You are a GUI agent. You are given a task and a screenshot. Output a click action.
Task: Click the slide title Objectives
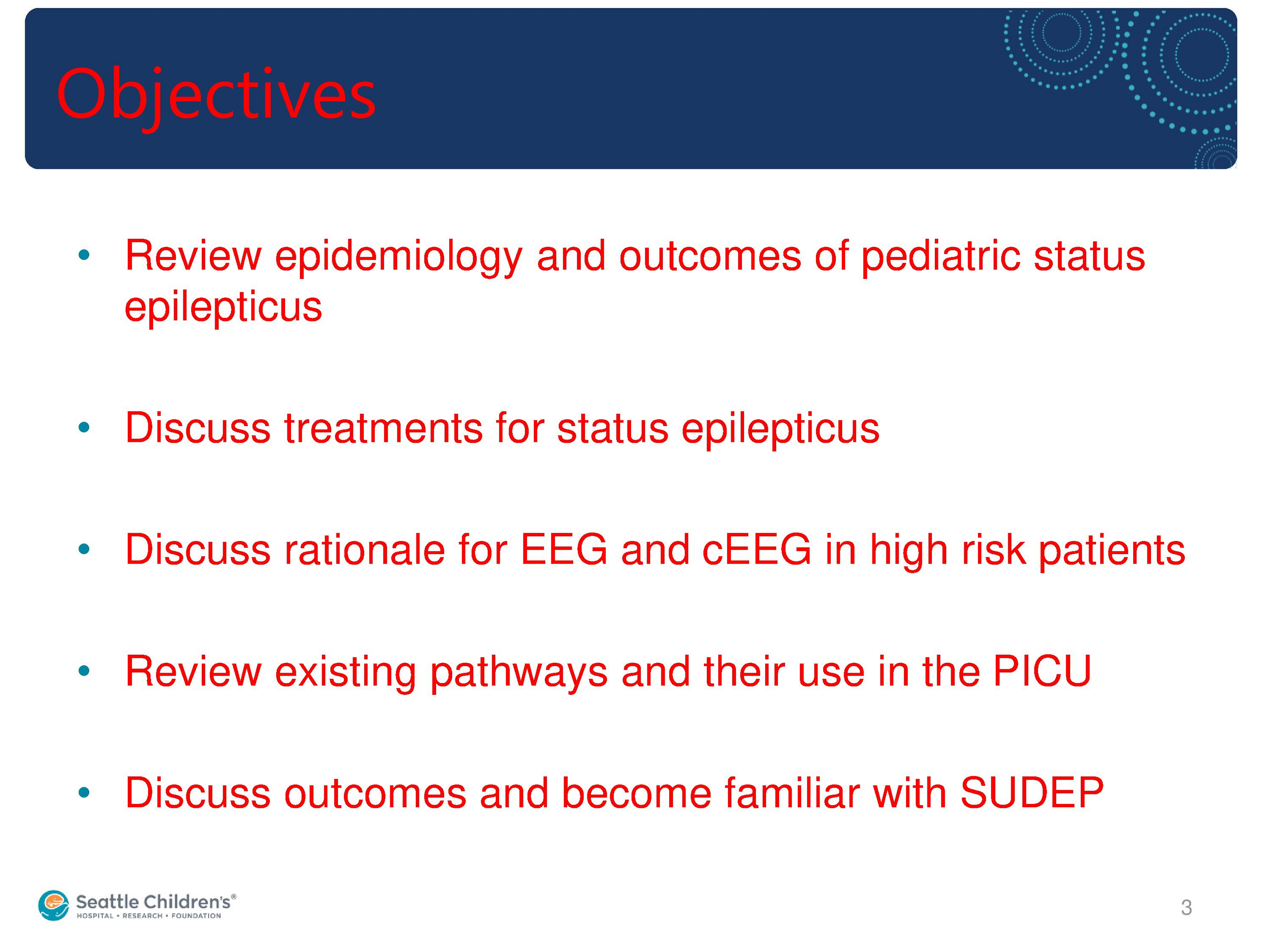pyautogui.click(x=216, y=95)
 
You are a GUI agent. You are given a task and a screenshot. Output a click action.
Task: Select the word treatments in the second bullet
pyautogui.click(x=384, y=429)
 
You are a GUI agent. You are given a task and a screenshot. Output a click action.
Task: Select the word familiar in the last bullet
pyautogui.click(x=792, y=793)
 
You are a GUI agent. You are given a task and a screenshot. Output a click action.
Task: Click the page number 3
pyautogui.click(x=1186, y=907)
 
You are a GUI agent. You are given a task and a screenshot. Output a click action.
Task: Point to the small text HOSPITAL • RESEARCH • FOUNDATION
pyautogui.click(x=149, y=916)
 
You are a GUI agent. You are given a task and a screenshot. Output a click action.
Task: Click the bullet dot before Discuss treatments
pyautogui.click(x=84, y=427)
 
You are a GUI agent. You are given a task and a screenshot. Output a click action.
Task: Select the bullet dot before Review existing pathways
pyautogui.click(x=84, y=671)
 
